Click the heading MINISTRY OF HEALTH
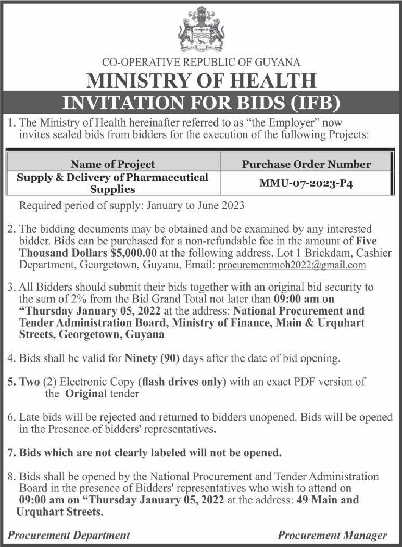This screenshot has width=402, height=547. [x=201, y=81]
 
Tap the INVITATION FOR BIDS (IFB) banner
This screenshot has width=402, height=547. [x=201, y=102]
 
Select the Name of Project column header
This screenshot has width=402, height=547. [x=112, y=164]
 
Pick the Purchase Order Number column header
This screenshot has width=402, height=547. [x=307, y=164]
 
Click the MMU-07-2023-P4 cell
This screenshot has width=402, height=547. [x=307, y=183]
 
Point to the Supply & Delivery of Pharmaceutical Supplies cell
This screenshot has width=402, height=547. [x=112, y=183]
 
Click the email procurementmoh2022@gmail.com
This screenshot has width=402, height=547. [x=292, y=265]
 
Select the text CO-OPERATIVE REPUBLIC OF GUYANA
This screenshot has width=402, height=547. [x=201, y=62]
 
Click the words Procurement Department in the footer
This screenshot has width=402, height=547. [x=69, y=535]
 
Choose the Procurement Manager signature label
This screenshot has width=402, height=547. [x=332, y=535]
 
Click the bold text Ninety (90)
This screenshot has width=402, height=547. [x=149, y=358]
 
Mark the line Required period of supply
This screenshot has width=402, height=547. [x=132, y=206]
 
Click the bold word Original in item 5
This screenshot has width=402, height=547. [x=86, y=394]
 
